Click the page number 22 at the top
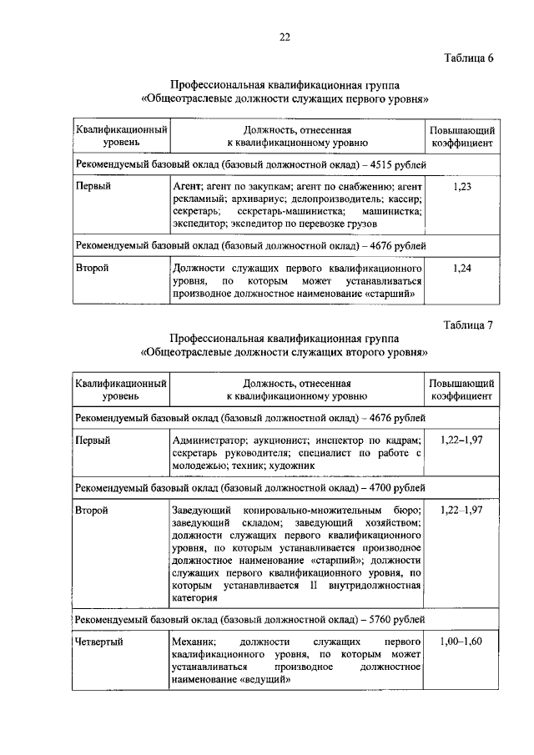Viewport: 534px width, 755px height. pyautogui.click(x=285, y=36)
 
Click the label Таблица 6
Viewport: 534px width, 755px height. pyautogui.click(x=468, y=58)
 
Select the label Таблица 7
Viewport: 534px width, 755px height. pyautogui.click(x=468, y=325)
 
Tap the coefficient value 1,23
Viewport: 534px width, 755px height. pyautogui.click(x=462, y=188)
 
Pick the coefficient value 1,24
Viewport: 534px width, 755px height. pyautogui.click(x=462, y=269)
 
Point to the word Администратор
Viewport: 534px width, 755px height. pyautogui.click(x=209, y=440)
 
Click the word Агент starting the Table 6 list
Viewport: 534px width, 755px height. pyautogui.click(x=184, y=188)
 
